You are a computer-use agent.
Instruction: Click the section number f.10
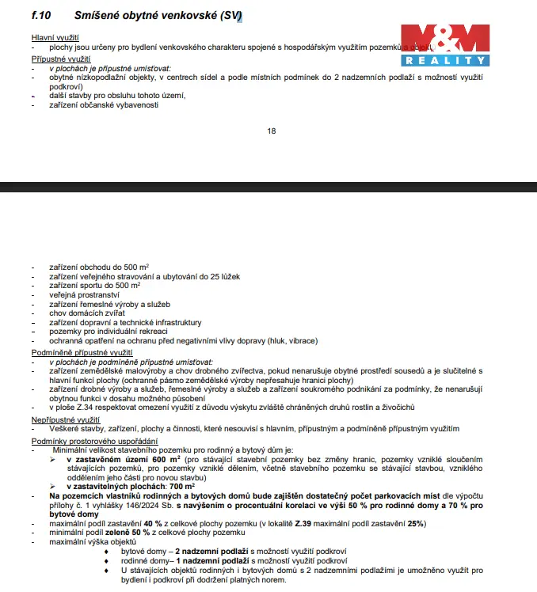[x=42, y=14]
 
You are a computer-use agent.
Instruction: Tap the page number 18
[x=272, y=131]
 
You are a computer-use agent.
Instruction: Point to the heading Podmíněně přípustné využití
[x=82, y=351]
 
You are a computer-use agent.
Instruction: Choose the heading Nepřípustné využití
[x=65, y=419]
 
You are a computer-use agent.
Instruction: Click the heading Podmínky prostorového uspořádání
[x=94, y=440]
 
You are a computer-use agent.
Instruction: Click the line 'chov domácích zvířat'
[x=87, y=313]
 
